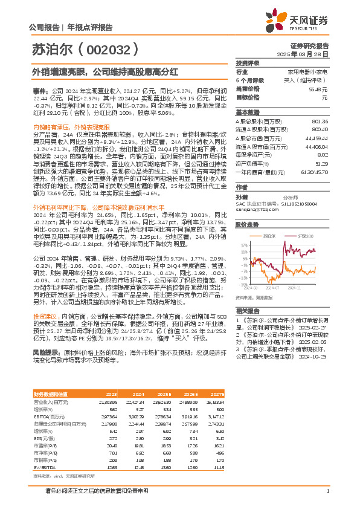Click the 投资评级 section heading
[x=248, y=63]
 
